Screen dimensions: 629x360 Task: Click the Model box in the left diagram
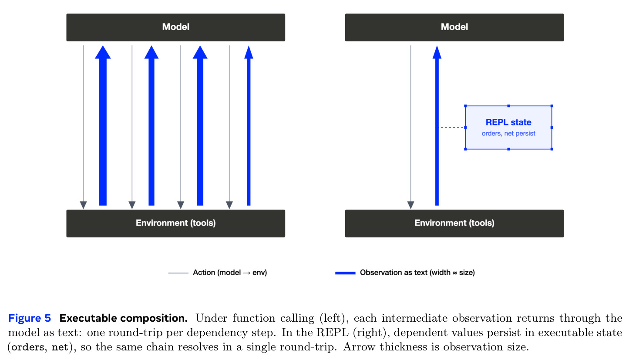click(x=175, y=27)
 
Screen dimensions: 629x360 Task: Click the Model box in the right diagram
click(x=454, y=27)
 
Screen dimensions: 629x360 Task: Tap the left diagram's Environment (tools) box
click(x=175, y=223)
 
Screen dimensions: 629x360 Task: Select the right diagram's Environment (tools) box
click(x=454, y=223)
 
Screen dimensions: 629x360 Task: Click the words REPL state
click(x=508, y=122)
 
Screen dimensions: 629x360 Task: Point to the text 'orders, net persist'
click(x=508, y=133)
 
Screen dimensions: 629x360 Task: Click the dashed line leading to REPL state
click(x=452, y=128)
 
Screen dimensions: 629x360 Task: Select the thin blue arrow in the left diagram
click(x=249, y=125)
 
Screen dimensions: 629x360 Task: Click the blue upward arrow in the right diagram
click(x=437, y=125)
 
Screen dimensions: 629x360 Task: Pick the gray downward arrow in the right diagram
click(x=410, y=127)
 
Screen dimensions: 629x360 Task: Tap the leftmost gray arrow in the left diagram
click(x=83, y=127)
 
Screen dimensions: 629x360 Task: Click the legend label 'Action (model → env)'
click(x=230, y=273)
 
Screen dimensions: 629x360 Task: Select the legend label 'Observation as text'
click(x=394, y=273)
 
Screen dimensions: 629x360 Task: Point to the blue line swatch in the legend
click(x=345, y=273)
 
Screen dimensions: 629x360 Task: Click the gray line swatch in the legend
click(x=178, y=273)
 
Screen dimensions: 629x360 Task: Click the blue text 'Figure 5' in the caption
click(x=30, y=318)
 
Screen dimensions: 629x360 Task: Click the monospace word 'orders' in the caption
click(x=27, y=347)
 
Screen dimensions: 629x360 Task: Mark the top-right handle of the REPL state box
click(x=552, y=106)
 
